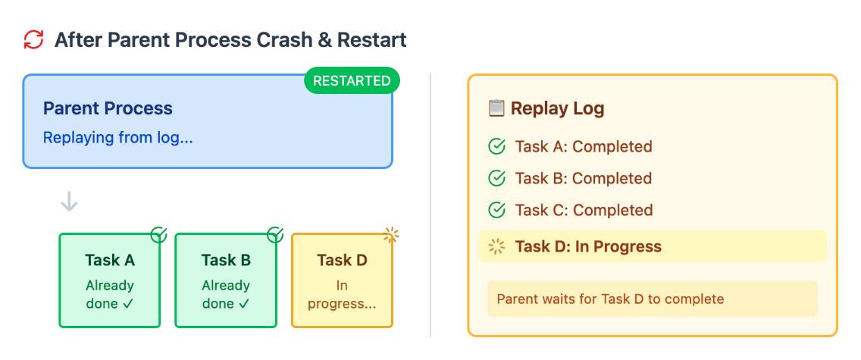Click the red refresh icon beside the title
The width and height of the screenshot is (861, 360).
click(33, 40)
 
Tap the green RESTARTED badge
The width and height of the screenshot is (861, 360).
click(352, 80)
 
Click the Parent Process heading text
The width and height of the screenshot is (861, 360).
click(108, 108)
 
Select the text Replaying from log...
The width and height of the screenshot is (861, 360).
click(118, 137)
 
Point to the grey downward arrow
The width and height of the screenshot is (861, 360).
click(69, 202)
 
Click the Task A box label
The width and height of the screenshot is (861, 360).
click(110, 259)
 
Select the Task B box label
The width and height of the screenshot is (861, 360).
click(226, 259)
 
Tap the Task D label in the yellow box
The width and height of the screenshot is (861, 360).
click(342, 259)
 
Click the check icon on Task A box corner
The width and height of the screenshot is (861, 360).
click(158, 235)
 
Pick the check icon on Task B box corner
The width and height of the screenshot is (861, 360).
click(275, 235)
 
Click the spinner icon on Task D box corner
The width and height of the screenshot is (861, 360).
click(391, 235)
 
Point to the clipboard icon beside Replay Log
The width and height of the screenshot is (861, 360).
click(496, 108)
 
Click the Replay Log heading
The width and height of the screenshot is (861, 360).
click(557, 108)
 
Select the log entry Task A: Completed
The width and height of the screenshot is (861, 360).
click(584, 146)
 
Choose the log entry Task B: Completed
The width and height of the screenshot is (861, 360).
click(584, 178)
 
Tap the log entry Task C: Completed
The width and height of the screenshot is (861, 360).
click(584, 210)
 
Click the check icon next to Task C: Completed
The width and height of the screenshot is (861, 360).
click(496, 210)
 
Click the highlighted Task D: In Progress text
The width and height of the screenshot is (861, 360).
click(588, 246)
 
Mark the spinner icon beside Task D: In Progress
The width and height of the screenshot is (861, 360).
click(496, 246)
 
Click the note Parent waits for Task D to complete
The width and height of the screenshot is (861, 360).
click(610, 299)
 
